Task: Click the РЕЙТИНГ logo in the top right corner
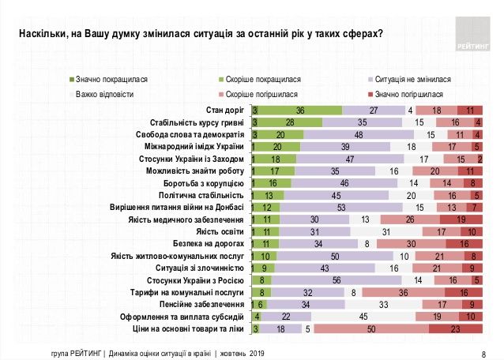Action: point(472,34)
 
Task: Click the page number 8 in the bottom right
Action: point(483,353)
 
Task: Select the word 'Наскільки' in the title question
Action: point(41,34)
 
